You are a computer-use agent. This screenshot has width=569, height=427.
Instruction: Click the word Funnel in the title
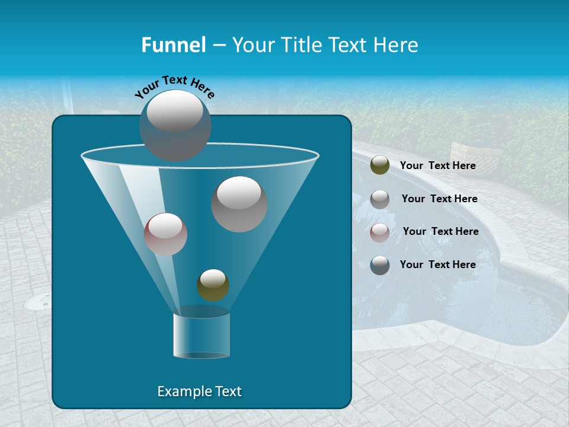[174, 45]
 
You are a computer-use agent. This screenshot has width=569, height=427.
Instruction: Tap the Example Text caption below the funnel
[199, 391]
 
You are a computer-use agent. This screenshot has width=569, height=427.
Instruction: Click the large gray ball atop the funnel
[175, 125]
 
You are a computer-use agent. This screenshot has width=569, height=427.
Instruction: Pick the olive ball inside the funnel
[213, 285]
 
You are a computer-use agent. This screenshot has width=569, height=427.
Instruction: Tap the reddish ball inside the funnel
[165, 234]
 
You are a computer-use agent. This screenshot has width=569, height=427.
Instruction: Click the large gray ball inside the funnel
[239, 204]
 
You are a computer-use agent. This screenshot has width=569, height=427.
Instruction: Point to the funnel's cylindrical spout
[202, 335]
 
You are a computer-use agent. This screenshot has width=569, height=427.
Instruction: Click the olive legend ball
[380, 165]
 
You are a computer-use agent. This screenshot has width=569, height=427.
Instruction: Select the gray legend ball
[380, 199]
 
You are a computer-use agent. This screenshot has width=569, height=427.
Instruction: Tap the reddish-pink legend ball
[380, 232]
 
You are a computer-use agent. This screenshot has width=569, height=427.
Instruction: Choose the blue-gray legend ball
[380, 265]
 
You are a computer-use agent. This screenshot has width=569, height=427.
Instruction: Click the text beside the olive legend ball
[437, 166]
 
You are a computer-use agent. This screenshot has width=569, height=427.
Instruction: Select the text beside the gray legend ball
[439, 199]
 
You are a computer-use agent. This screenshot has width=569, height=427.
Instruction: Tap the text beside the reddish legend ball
[440, 231]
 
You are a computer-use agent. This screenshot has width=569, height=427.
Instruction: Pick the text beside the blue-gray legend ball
[437, 265]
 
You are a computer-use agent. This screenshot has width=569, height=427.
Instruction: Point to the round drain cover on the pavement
[39, 302]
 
